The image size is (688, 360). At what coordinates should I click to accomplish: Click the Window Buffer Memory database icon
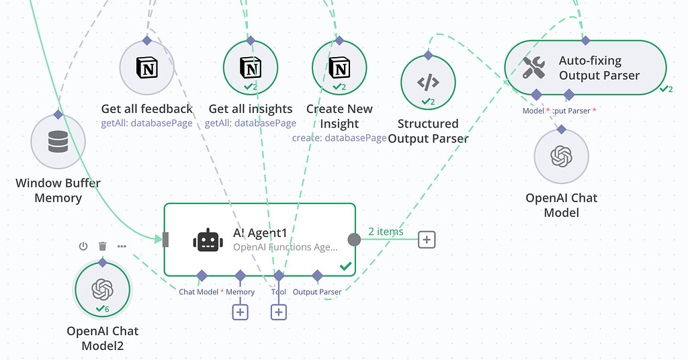(x=58, y=142)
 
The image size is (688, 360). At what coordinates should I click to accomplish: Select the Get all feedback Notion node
(x=146, y=68)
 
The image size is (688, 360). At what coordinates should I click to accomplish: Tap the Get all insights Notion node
(x=251, y=68)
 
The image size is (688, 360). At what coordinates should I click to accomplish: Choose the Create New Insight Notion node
(x=339, y=68)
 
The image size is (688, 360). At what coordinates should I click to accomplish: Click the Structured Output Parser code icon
(x=428, y=83)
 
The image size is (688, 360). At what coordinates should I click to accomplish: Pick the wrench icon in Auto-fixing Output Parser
(x=535, y=68)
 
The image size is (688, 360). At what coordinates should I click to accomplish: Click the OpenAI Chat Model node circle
(x=561, y=156)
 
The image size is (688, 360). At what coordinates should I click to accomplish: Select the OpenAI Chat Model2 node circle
(x=102, y=289)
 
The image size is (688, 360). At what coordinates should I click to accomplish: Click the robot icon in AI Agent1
(x=208, y=240)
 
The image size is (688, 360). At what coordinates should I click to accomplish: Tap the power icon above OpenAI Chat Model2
(x=83, y=246)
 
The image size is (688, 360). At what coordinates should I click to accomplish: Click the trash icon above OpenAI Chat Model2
(x=102, y=246)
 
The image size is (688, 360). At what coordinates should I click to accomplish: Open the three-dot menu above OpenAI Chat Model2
(x=122, y=246)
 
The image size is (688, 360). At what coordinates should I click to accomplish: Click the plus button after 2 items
(x=427, y=240)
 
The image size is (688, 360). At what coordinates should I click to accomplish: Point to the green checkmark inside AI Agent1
(x=345, y=267)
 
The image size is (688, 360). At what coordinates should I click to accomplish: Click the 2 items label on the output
(x=386, y=232)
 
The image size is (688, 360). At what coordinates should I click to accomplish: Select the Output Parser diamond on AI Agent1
(x=317, y=275)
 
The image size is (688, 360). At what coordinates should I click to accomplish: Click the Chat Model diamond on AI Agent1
(x=201, y=275)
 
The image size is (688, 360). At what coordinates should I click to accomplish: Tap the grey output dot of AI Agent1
(x=354, y=240)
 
